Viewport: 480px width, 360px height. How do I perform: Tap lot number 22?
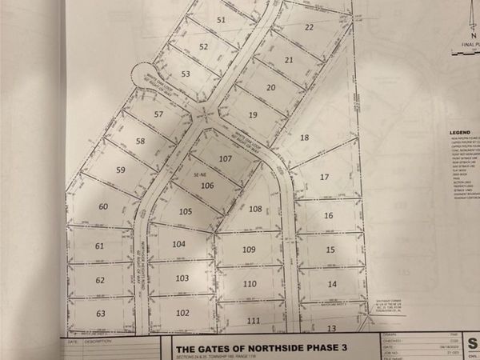pyautogui.click(x=310, y=27)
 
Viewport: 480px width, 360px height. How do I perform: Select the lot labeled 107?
pyautogui.click(x=226, y=158)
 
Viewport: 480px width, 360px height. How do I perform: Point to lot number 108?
pyautogui.click(x=255, y=210)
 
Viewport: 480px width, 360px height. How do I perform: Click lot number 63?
pyautogui.click(x=101, y=313)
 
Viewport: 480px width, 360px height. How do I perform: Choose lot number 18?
pyautogui.click(x=305, y=138)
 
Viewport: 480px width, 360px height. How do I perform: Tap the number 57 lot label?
pyautogui.click(x=158, y=114)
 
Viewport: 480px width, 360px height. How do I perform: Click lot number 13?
pyautogui.click(x=330, y=328)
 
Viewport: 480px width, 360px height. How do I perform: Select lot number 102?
pyautogui.click(x=182, y=313)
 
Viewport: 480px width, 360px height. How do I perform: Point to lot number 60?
pyautogui.click(x=103, y=206)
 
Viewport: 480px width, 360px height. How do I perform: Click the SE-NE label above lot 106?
pyautogui.click(x=200, y=174)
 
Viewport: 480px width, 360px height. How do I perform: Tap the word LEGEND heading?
pyautogui.click(x=459, y=130)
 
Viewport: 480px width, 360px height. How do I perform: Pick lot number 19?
pyautogui.click(x=253, y=115)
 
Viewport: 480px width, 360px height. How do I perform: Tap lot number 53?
pyautogui.click(x=186, y=74)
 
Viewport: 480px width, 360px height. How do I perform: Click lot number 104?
pyautogui.click(x=179, y=244)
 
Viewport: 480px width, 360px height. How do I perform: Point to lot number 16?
pyautogui.click(x=328, y=216)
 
